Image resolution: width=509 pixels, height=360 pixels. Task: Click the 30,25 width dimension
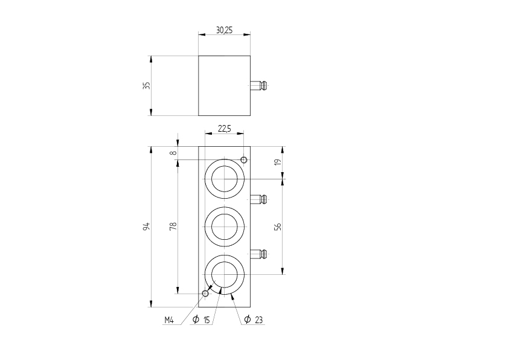225,30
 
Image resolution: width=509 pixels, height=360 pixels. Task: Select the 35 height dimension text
147,85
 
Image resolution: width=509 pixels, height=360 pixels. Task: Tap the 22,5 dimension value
225,129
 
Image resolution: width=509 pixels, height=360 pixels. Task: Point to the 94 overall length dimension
146,227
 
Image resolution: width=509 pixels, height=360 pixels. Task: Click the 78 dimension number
173,226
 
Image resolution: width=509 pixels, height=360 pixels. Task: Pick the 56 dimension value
278,227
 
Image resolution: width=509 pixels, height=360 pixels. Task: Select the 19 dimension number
278,162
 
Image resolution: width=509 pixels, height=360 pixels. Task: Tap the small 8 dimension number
174,153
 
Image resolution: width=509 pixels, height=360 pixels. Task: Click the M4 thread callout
169,320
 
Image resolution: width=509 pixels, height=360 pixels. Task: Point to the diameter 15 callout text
201,320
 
